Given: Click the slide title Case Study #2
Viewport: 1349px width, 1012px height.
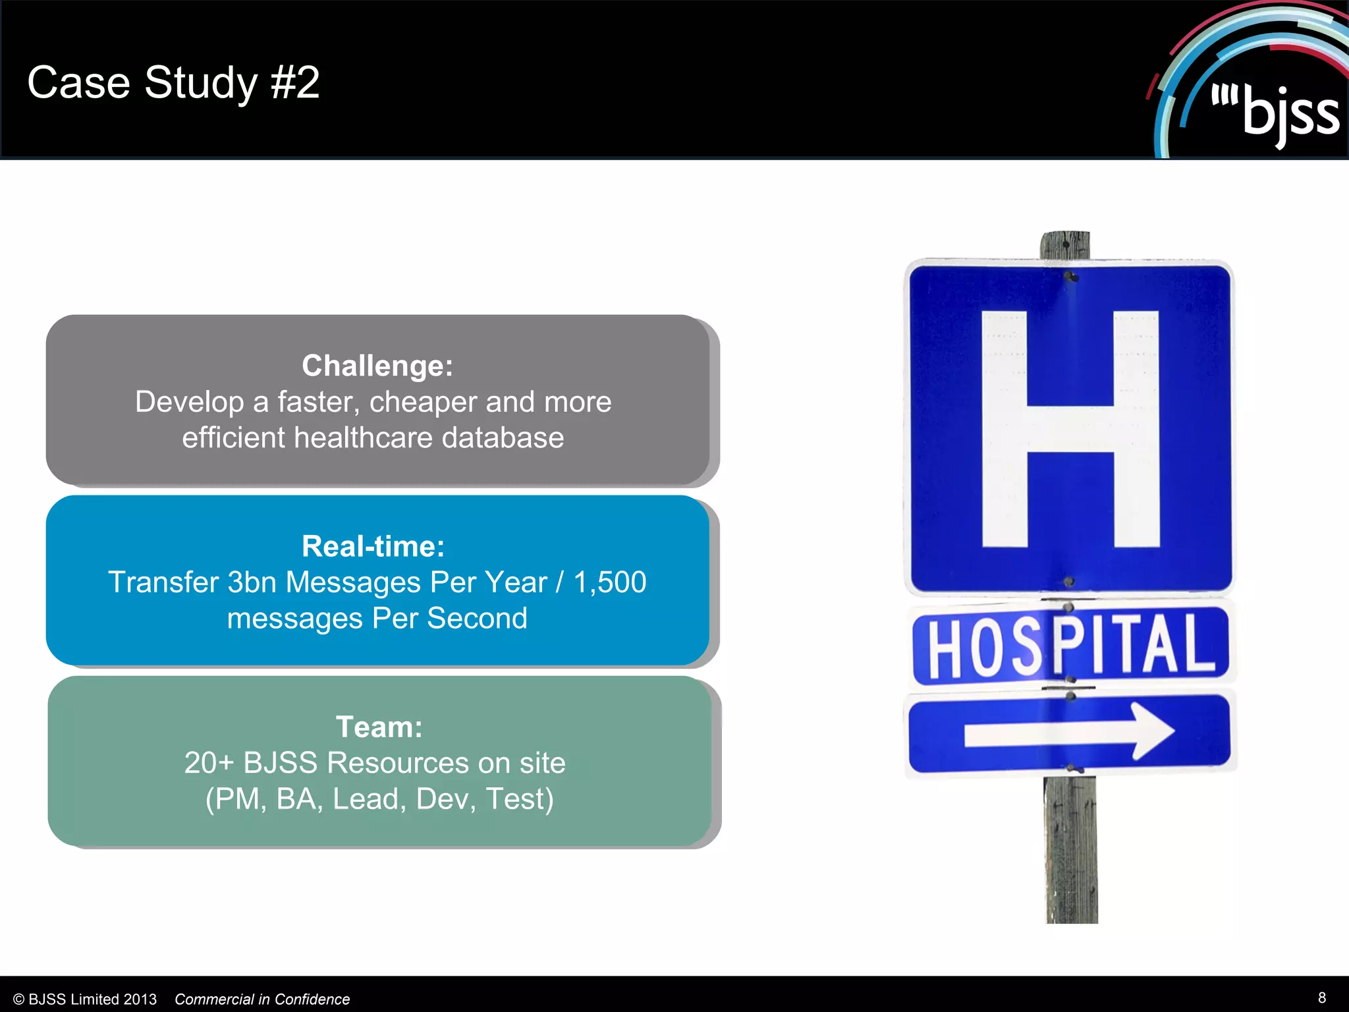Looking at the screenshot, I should click(x=173, y=83).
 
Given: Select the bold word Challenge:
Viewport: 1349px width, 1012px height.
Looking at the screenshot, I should click(x=377, y=366).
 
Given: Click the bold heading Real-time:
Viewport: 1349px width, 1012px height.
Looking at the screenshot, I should click(x=373, y=546).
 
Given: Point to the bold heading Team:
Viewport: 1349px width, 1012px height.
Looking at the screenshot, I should click(x=379, y=727).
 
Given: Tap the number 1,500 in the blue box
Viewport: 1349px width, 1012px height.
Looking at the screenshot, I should click(x=609, y=582).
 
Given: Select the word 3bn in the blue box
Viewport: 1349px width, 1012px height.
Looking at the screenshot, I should click(x=252, y=582).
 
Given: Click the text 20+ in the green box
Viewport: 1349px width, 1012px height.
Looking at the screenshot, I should click(x=209, y=763).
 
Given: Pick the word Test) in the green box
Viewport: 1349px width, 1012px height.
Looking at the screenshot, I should click(x=519, y=799).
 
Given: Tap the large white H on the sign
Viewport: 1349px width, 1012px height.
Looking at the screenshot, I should click(x=1070, y=429).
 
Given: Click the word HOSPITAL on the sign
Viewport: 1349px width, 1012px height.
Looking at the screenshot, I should click(x=1070, y=646).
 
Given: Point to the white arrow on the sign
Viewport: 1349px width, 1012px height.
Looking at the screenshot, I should click(x=1068, y=732).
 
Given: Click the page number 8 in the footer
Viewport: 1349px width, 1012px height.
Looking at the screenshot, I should click(x=1321, y=998).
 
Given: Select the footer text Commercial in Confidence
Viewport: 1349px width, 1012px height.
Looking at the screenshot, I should click(x=262, y=999).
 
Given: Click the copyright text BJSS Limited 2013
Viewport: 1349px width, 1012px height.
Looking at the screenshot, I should click(x=92, y=999).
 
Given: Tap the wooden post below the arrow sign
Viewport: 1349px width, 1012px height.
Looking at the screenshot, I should click(x=1071, y=850).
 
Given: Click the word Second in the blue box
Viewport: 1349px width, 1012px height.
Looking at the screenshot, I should click(x=477, y=619).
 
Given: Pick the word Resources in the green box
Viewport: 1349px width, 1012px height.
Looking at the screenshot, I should click(x=398, y=763).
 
